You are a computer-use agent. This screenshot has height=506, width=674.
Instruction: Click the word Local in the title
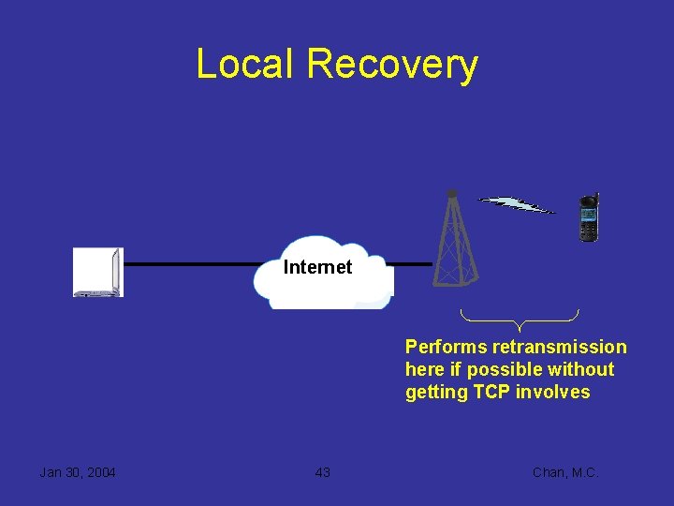[245, 64]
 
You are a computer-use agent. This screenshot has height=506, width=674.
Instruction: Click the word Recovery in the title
[392, 66]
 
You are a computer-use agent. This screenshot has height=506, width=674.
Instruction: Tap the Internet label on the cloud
[317, 267]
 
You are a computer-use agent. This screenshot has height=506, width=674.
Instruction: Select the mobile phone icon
[589, 217]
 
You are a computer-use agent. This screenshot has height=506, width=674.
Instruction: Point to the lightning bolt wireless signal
[516, 204]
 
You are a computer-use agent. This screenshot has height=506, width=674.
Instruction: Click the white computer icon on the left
[98, 273]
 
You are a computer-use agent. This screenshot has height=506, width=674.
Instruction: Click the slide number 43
[323, 472]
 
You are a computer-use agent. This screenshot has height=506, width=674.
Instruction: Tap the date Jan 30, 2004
[78, 472]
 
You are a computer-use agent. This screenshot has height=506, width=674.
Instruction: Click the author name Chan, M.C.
[564, 472]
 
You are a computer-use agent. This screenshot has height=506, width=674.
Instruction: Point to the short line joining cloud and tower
[413, 264]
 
